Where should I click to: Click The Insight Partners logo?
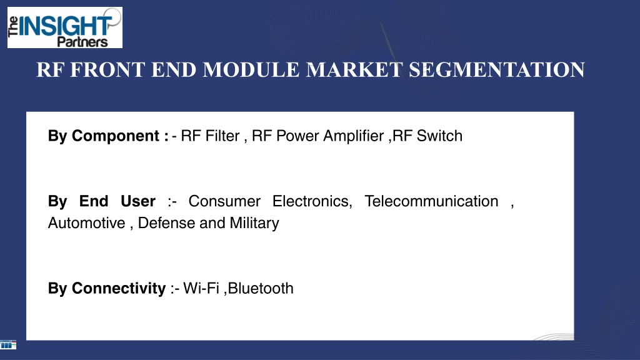click(x=65, y=27)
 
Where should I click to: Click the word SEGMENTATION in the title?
click(x=497, y=70)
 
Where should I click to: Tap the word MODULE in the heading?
click(x=251, y=70)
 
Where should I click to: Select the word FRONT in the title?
click(x=107, y=70)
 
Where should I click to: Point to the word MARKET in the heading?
click(x=354, y=70)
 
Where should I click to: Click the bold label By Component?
click(x=108, y=136)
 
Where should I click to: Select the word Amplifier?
click(x=354, y=136)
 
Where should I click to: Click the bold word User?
click(x=138, y=201)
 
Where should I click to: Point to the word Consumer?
click(x=224, y=201)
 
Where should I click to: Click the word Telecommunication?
click(x=431, y=201)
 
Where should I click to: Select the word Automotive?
click(x=86, y=223)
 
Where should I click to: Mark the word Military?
click(x=254, y=223)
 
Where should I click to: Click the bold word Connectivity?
click(x=119, y=289)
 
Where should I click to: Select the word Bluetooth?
click(x=261, y=289)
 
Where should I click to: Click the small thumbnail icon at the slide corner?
click(x=8, y=345)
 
